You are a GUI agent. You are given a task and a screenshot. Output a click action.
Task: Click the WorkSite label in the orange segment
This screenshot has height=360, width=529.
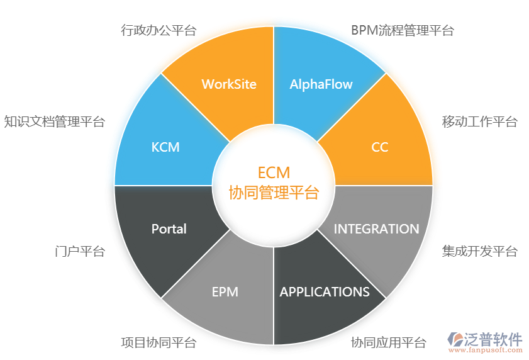coord(229,84)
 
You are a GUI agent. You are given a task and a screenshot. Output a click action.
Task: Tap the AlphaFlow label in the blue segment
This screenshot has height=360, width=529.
coord(321,84)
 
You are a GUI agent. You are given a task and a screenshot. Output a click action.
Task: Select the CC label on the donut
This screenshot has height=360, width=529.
coord(380,147)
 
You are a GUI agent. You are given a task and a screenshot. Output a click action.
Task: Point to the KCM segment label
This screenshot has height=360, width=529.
coord(165,147)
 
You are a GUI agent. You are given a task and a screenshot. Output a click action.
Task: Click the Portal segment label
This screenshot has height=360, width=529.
coord(169,229)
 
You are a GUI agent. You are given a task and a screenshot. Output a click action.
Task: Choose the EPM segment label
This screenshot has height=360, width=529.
coord(225,292)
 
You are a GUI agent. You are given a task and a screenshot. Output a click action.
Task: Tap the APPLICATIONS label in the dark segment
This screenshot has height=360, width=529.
coord(325,292)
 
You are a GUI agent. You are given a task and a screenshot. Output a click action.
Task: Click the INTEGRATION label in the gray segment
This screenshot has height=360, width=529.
coord(376,229)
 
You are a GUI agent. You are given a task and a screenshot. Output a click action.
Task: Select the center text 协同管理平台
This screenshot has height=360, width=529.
coord(274,192)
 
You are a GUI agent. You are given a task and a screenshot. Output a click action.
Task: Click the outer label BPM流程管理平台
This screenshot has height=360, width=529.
coord(402,30)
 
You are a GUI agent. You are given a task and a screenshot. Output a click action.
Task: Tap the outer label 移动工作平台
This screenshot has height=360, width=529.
coord(480,122)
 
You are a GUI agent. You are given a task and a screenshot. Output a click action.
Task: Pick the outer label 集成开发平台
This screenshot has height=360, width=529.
coord(480,251)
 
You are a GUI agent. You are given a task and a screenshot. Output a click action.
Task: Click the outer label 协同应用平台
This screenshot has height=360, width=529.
coord(389,343)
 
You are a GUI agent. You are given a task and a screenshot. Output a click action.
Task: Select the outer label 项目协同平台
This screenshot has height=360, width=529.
coord(159,343)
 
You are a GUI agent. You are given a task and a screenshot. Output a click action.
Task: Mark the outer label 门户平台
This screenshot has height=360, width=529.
coord(80,251)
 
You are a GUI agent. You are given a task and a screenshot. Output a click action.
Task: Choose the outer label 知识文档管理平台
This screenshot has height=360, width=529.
coord(55,122)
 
